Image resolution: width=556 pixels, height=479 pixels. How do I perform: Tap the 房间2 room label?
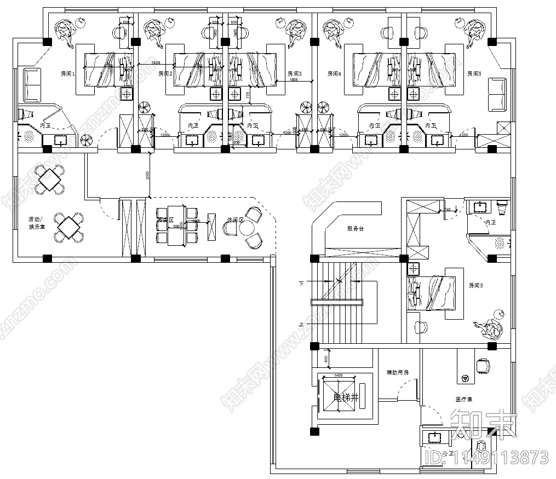[165, 73]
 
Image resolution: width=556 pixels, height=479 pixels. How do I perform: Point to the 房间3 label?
[294, 73]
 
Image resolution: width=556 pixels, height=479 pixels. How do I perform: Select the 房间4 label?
[334, 73]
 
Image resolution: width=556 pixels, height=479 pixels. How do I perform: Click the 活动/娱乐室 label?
[36, 222]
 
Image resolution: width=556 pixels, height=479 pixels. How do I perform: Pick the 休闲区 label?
[234, 220]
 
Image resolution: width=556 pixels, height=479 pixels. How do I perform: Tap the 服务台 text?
[356, 228]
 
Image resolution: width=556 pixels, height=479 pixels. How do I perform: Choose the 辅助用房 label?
[397, 372]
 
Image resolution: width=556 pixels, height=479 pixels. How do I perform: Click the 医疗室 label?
[463, 399]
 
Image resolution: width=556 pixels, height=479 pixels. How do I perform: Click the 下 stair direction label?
[301, 284]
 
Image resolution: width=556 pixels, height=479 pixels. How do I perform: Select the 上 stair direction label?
[301, 324]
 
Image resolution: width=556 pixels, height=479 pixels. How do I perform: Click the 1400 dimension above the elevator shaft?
[337, 376]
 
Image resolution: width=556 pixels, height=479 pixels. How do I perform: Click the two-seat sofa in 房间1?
[32, 85]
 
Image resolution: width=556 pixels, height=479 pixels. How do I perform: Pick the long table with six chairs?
[176, 224]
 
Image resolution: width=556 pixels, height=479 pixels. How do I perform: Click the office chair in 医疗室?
[483, 364]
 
